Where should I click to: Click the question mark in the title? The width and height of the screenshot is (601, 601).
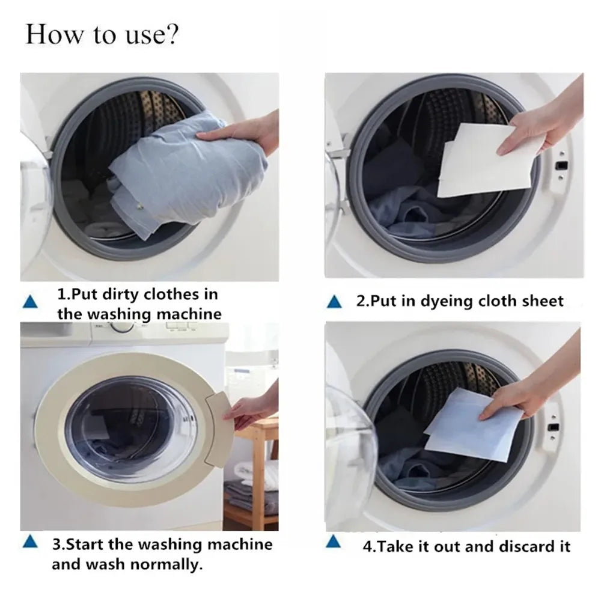pyautogui.click(x=172, y=35)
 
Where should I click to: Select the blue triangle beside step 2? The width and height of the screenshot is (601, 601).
pyautogui.click(x=334, y=302)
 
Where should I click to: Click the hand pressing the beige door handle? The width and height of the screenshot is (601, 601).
pyautogui.click(x=252, y=409)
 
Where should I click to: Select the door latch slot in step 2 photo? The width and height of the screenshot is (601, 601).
pyautogui.click(x=561, y=166)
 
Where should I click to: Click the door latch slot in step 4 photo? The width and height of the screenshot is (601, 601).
pyautogui.click(x=554, y=428)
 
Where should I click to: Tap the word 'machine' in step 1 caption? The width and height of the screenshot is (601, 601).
pyautogui.click(x=189, y=314)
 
